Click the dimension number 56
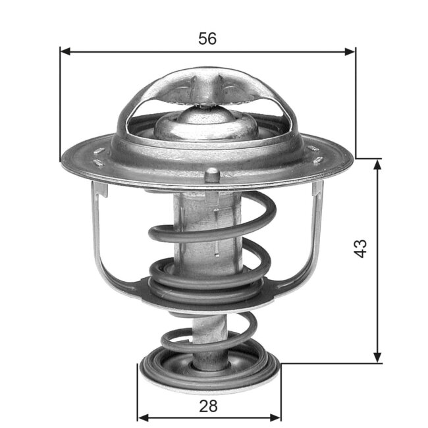click(x=207, y=38)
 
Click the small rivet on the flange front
click(x=212, y=175)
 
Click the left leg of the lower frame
click(x=99, y=237)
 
